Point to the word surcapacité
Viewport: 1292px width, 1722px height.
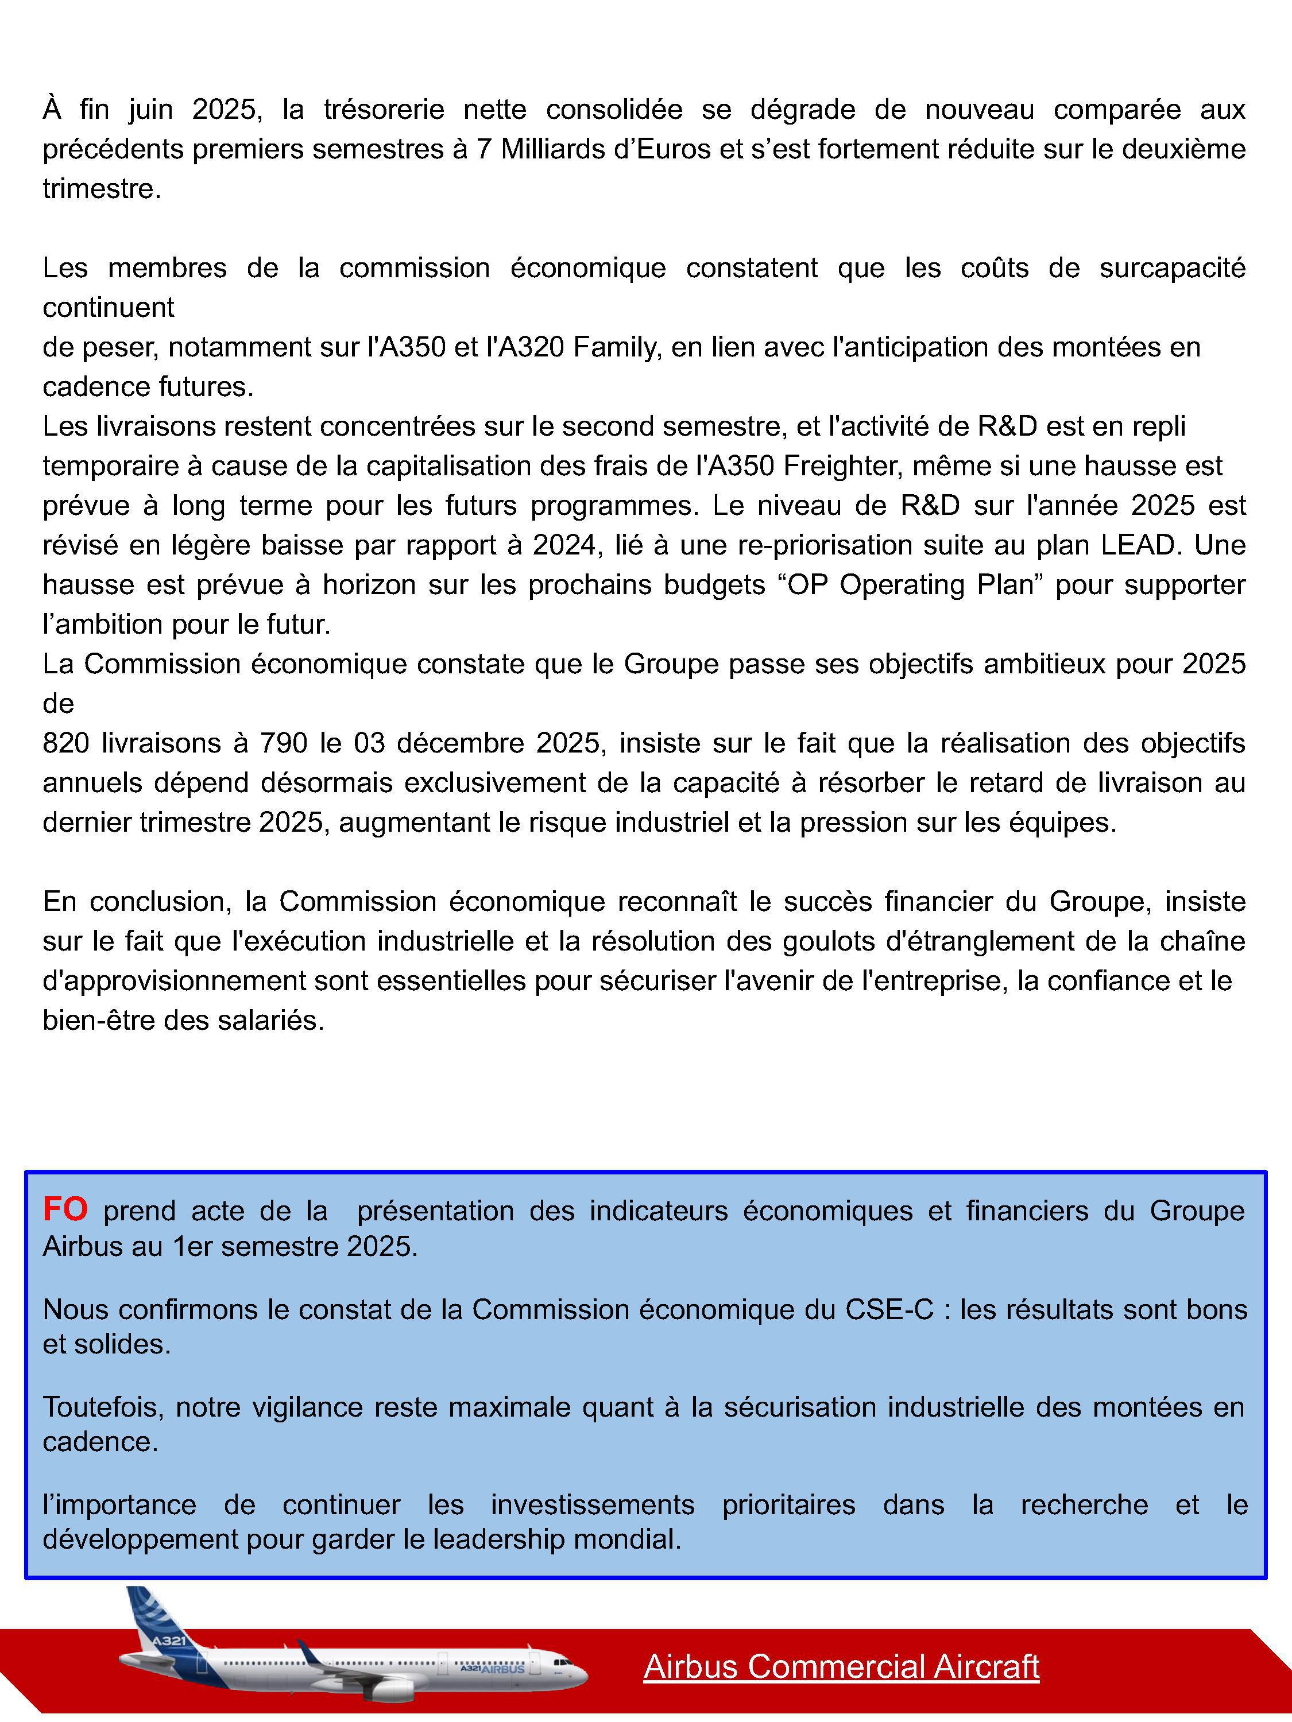1172,268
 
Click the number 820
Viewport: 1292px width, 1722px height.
66,743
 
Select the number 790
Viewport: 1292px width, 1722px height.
283,743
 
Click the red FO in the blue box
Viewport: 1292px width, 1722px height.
65,1210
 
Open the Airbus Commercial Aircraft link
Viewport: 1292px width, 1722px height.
841,1667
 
